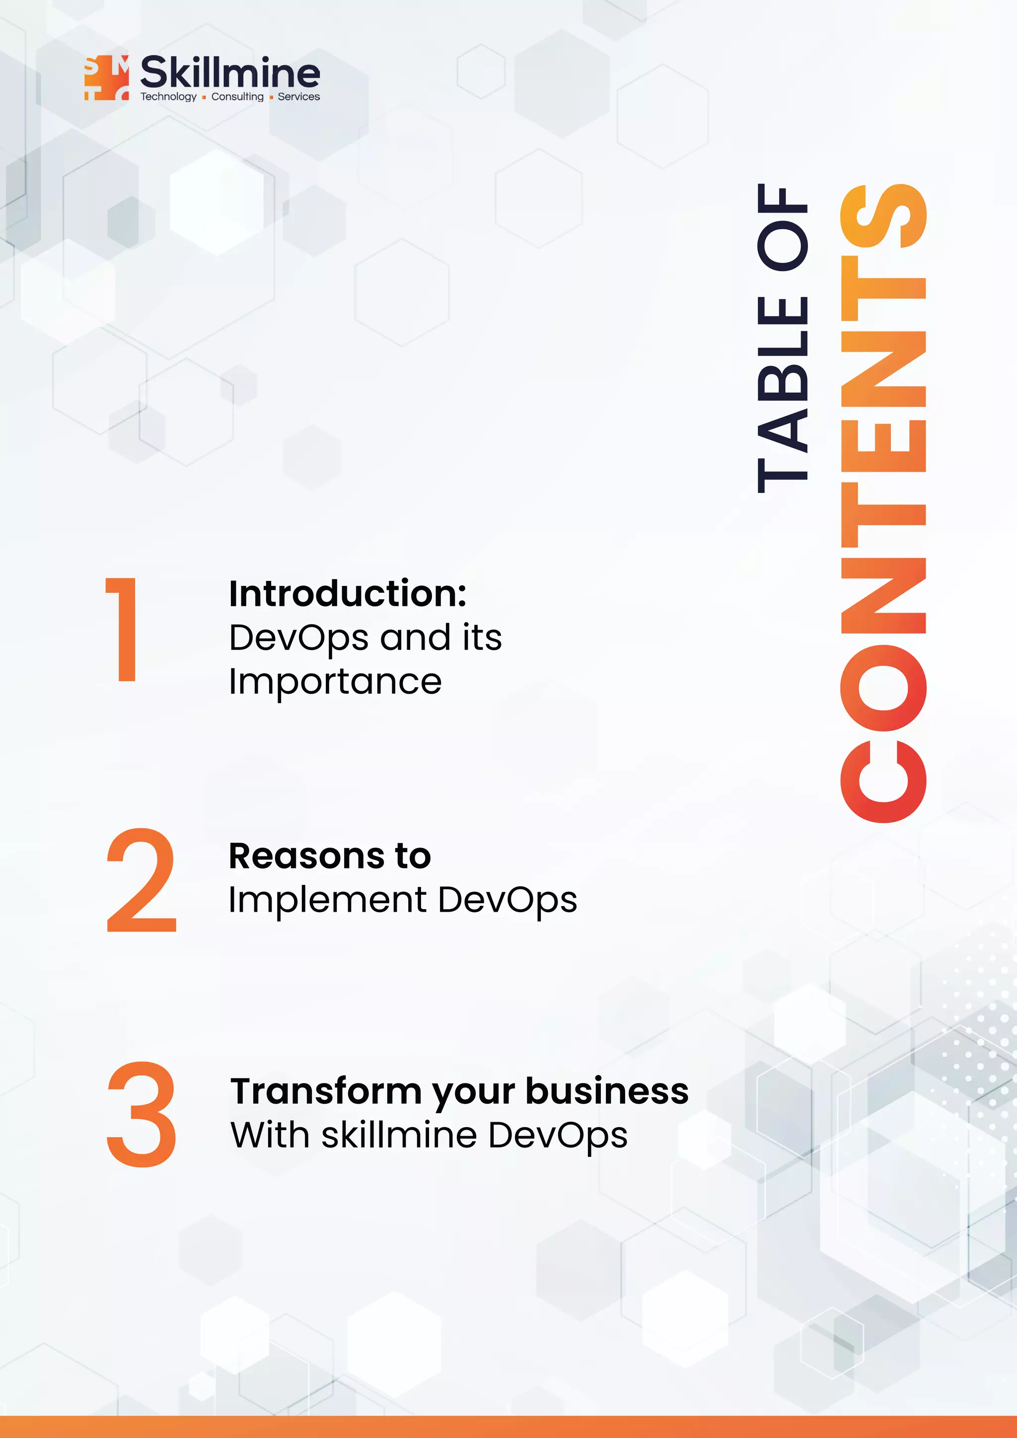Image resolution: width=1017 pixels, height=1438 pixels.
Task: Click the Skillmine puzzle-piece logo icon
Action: click(106, 77)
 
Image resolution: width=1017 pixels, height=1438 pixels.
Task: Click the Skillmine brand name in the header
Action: click(230, 72)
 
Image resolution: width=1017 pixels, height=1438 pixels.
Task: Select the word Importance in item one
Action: click(335, 682)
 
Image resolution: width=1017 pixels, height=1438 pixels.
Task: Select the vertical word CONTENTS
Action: click(883, 503)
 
